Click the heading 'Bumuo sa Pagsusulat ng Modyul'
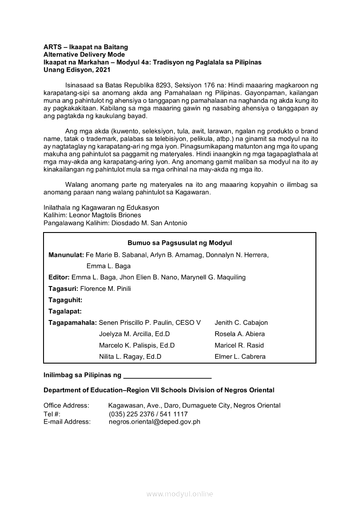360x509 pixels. click(x=179, y=243)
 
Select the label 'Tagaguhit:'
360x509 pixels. click(x=65, y=300)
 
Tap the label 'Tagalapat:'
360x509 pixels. click(x=65, y=311)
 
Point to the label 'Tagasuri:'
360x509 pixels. click(x=64, y=289)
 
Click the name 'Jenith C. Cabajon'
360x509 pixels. click(x=241, y=323)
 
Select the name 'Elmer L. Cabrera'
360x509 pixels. click(x=240, y=357)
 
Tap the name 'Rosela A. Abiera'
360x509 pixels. click(x=239, y=334)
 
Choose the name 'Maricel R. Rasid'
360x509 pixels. click(x=239, y=345)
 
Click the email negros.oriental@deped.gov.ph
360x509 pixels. click(x=155, y=421)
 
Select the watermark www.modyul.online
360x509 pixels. click(x=180, y=494)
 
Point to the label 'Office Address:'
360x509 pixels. click(x=66, y=405)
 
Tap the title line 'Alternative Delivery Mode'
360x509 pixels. click(x=84, y=54)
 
